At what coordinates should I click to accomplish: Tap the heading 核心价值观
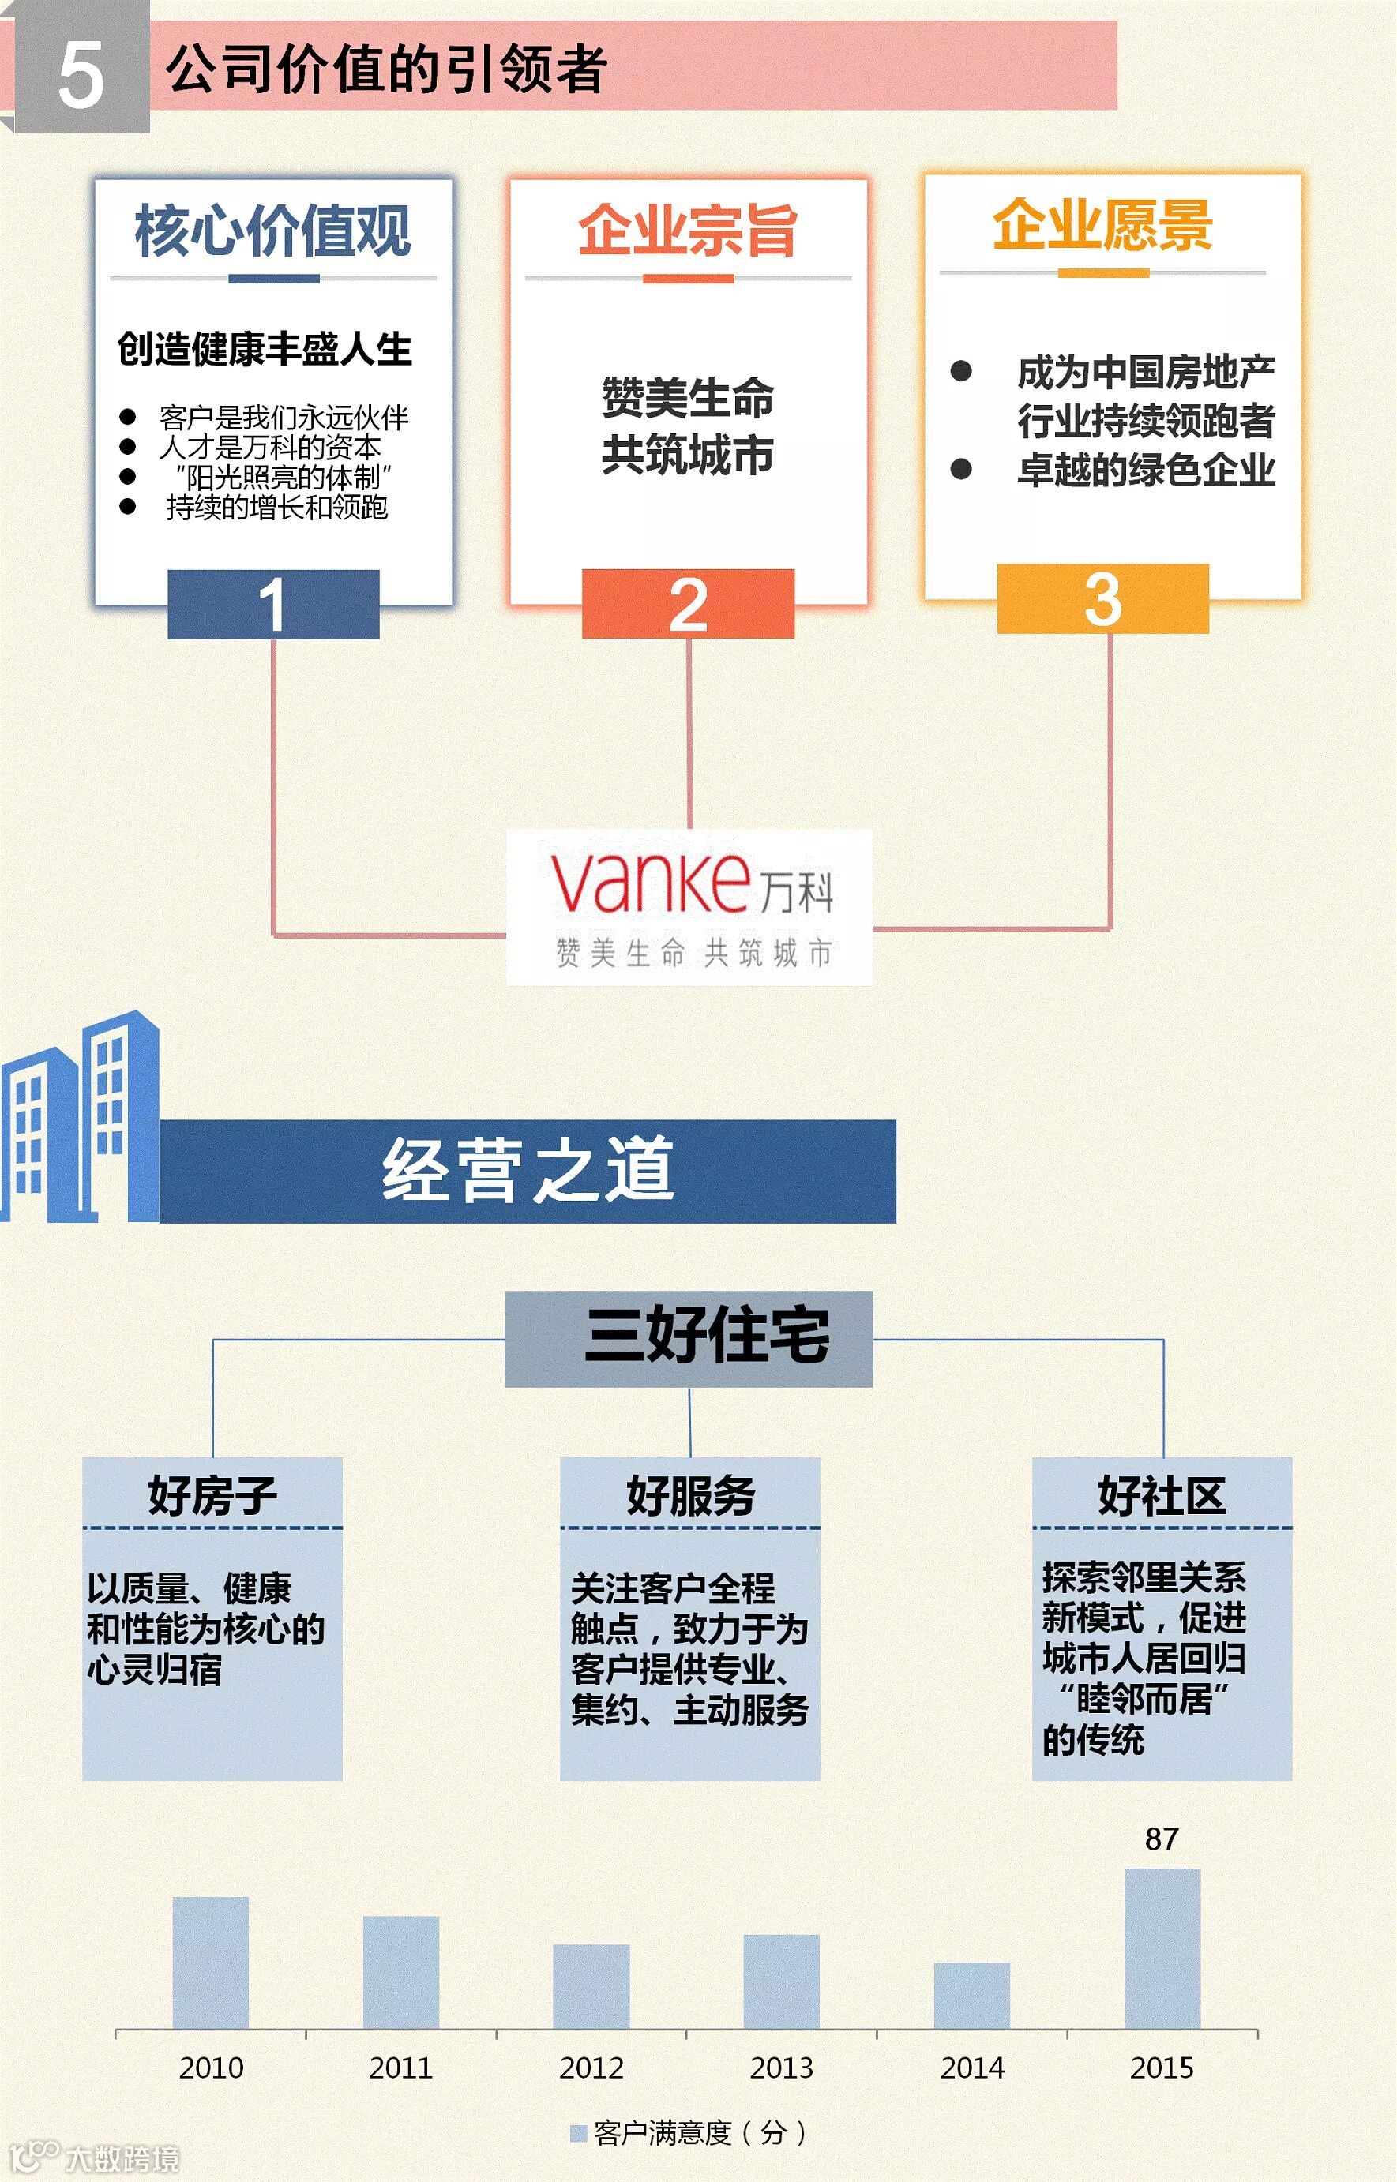[x=273, y=231]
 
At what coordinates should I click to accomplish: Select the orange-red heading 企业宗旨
[x=688, y=231]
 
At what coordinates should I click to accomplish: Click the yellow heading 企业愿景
[x=1102, y=225]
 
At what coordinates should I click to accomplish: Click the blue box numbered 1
[x=273, y=605]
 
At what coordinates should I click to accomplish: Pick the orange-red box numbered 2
[x=688, y=605]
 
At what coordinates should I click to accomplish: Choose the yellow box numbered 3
[x=1102, y=599]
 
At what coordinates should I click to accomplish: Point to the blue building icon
[x=80, y=1119]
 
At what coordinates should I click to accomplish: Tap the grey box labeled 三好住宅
[x=689, y=1339]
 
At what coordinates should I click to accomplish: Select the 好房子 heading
[x=212, y=1495]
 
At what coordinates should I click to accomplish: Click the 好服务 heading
[x=690, y=1495]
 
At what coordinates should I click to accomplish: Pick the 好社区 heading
[x=1162, y=1495]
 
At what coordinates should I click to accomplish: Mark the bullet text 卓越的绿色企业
[x=1146, y=470]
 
